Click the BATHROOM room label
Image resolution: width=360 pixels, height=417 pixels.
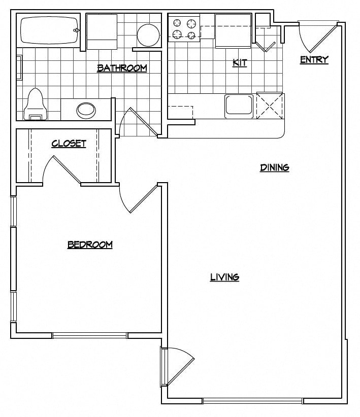122,68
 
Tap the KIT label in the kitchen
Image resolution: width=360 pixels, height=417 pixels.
240,63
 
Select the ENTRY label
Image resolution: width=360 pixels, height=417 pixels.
314,60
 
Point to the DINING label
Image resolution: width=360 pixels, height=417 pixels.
275,167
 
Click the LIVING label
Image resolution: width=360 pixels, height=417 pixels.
224,277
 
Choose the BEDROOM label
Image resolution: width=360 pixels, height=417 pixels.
90,245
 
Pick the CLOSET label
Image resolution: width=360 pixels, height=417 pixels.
69,144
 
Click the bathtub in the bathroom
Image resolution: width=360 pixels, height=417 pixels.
49,30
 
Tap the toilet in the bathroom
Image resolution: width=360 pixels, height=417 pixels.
35,105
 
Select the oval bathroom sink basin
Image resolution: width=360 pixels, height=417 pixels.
86,109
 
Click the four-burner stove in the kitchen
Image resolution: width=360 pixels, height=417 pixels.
184,28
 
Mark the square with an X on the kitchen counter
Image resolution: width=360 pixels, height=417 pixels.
269,105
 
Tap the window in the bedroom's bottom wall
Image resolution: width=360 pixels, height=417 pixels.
90,335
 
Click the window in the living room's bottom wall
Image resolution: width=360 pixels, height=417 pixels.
253,401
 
